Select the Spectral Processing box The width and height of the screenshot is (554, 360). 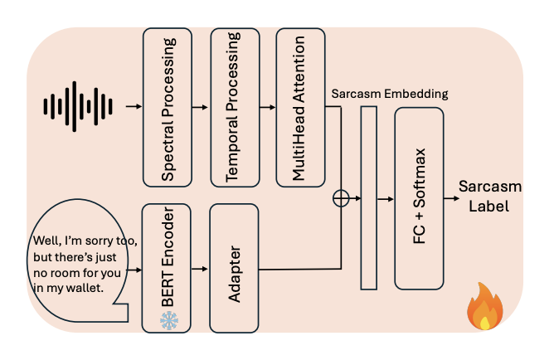click(168, 108)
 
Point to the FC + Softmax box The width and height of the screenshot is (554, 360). click(421, 199)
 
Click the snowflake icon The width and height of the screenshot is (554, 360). click(168, 319)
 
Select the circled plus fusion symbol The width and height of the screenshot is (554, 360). click(340, 199)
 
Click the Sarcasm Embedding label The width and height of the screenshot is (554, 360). click(389, 93)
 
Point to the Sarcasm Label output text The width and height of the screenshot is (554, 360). click(488, 200)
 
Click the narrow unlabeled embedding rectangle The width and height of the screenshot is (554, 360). click(368, 199)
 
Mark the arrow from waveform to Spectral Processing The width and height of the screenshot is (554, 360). click(132, 107)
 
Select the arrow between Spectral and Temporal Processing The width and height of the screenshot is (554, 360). click(202, 107)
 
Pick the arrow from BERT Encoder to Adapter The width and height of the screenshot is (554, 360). click(201, 268)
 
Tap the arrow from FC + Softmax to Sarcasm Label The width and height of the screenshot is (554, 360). click(455, 200)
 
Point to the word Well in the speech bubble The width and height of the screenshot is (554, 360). click(46, 241)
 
